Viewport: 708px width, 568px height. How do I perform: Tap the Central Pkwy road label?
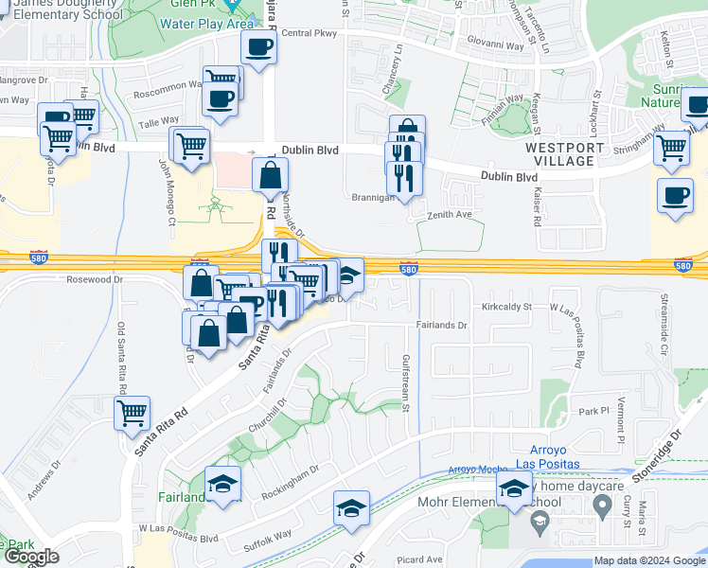[x=310, y=34]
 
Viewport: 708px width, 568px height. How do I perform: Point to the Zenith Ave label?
[x=451, y=215]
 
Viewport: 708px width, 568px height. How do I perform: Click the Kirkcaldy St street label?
[x=507, y=307]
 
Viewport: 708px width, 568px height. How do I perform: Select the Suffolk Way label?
[x=270, y=539]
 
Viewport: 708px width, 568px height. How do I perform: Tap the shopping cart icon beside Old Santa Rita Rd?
[x=132, y=413]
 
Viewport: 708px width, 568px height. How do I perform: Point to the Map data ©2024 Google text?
[x=648, y=560]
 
